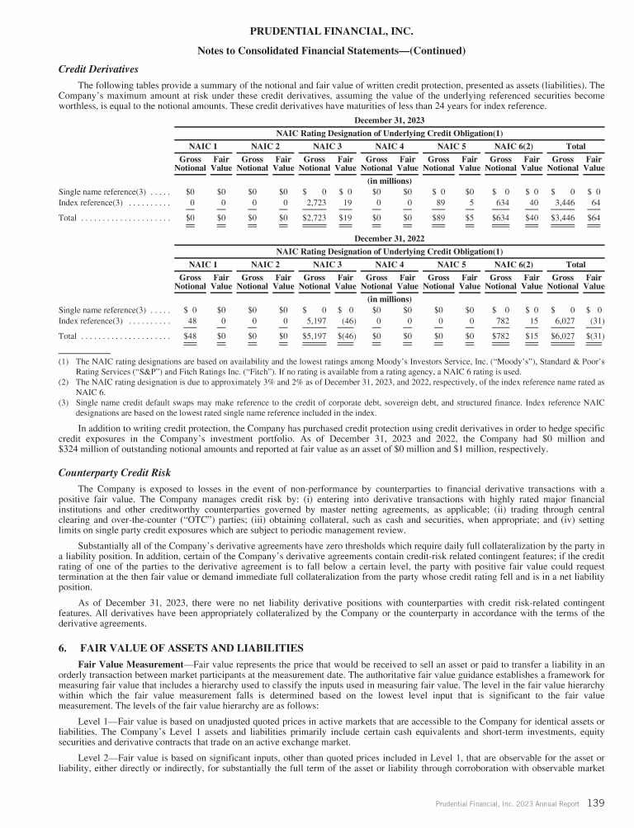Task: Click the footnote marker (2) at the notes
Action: tap(61, 384)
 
